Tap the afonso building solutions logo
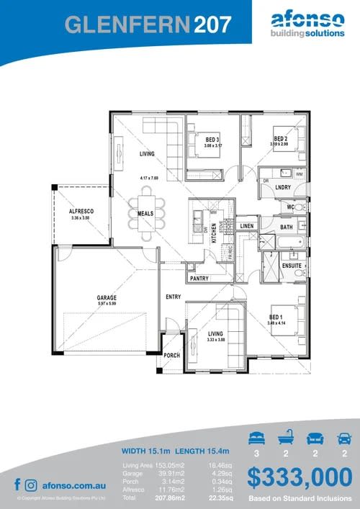(305, 25)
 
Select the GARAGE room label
(107, 298)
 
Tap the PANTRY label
(199, 277)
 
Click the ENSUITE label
(292, 266)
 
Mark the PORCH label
(171, 356)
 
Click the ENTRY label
(173, 297)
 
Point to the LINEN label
(247, 226)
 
